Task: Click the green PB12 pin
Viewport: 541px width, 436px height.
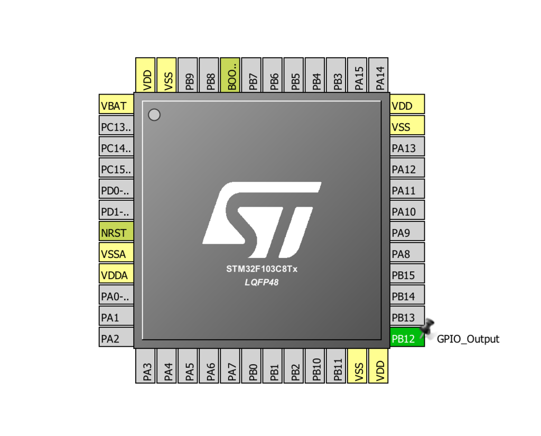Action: (407, 337)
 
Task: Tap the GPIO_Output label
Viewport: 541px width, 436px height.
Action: (468, 339)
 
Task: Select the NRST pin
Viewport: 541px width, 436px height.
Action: (116, 231)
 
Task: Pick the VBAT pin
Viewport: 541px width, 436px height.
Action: (116, 104)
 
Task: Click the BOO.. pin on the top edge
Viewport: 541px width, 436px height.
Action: (230, 75)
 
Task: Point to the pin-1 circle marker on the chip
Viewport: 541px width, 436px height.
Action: (154, 115)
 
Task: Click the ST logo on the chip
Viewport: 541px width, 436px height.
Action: (262, 220)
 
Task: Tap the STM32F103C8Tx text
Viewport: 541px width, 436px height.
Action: (262, 269)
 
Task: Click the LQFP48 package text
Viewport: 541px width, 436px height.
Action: (262, 282)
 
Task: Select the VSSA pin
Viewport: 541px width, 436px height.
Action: (116, 252)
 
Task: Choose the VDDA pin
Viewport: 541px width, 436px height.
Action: (116, 274)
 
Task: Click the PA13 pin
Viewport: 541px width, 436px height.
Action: (407, 146)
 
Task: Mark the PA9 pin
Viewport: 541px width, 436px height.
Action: (407, 231)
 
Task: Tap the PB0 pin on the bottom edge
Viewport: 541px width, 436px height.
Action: (251, 366)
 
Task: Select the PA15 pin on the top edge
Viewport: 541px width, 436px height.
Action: (357, 75)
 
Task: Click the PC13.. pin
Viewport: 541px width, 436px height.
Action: (116, 125)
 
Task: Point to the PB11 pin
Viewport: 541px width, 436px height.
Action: (336, 366)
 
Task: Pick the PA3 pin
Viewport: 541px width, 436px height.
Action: (145, 366)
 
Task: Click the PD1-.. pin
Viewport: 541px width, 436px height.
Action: (116, 210)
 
